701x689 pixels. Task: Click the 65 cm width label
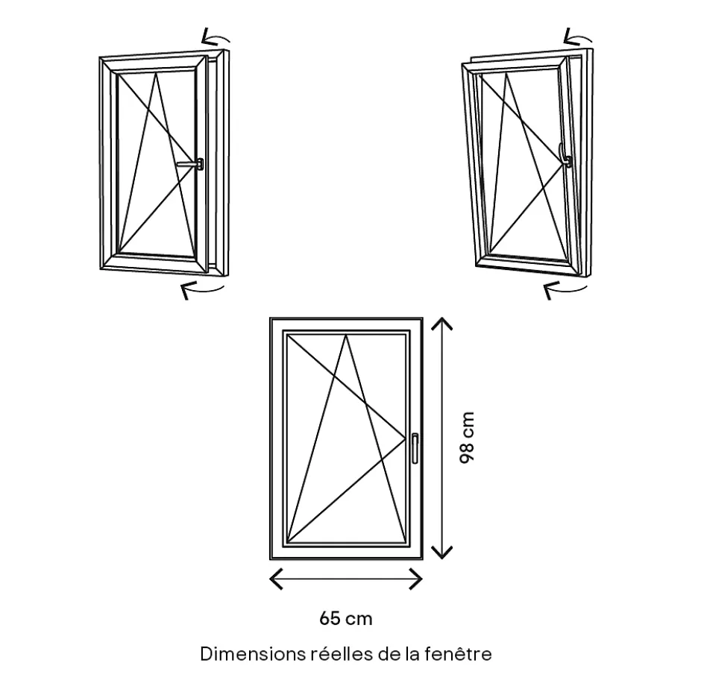coord(345,618)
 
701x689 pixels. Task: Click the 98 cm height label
coord(468,438)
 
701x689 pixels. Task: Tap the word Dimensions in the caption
coord(252,654)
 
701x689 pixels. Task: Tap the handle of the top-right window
coord(566,159)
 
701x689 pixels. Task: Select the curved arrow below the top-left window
coord(202,289)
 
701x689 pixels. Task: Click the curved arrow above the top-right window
coord(579,37)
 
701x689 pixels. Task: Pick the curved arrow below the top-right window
coord(565,289)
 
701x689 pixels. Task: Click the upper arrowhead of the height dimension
coord(443,323)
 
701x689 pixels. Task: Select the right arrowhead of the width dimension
coord(418,579)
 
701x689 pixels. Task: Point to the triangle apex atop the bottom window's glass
coord(346,336)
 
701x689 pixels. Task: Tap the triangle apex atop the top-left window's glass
coord(157,75)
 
